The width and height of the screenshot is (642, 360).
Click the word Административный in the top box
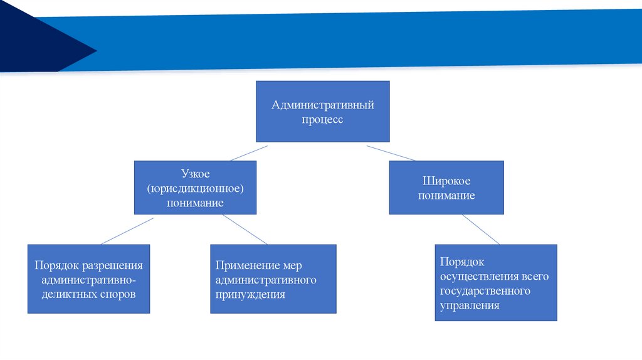pyautogui.click(x=322, y=105)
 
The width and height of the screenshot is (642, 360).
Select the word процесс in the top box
pyautogui.click(x=322, y=119)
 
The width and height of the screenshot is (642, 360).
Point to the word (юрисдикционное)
pyautogui.click(x=195, y=189)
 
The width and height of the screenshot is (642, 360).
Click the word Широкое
pyautogui.click(x=446, y=181)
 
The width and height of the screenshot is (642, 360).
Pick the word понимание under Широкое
pyautogui.click(x=446, y=196)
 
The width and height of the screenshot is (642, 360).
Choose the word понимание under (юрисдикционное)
pyautogui.click(x=195, y=203)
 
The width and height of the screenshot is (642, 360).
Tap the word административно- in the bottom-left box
pyautogui.click(x=88, y=280)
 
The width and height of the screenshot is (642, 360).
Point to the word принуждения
pyautogui.click(x=250, y=294)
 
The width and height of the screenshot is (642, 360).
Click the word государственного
pyautogui.click(x=485, y=291)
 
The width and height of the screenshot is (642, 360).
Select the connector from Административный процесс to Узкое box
pyautogui.click(x=248, y=153)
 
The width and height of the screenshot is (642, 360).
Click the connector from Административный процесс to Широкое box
pyautogui.click(x=391, y=153)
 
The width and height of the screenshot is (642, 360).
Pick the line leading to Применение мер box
pyautogui.click(x=245, y=230)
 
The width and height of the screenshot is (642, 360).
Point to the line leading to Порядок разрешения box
pyautogui.click(x=127, y=231)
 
